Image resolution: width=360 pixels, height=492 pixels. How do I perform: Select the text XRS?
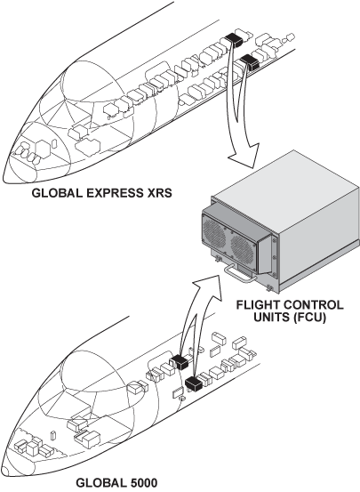pos(160,193)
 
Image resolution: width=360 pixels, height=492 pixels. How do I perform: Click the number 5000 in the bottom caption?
pos(142,482)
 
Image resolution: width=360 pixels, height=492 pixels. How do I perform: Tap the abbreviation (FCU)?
pos(310,318)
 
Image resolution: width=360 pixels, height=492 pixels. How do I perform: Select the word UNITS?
pos(272,318)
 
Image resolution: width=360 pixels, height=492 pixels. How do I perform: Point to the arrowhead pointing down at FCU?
pos(246,156)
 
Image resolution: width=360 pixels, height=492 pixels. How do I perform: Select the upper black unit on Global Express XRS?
pos(234,39)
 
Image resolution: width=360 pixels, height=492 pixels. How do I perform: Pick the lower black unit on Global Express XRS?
pos(250,61)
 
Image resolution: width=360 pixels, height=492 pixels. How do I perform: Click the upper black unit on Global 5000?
pos(180,362)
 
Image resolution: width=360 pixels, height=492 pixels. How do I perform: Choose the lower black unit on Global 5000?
pos(194,384)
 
